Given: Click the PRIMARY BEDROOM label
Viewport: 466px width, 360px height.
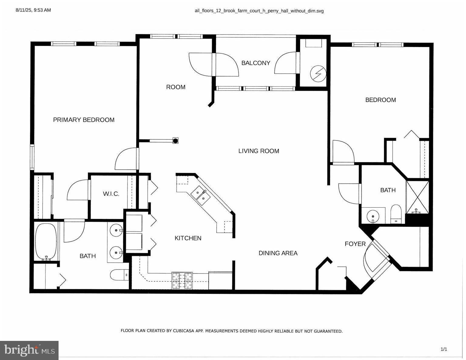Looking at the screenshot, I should pyautogui.click(x=84, y=120).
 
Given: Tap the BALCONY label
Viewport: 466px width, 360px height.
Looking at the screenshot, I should pyautogui.click(x=255, y=63).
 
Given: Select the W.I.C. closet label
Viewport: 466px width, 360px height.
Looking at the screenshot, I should pyautogui.click(x=111, y=194).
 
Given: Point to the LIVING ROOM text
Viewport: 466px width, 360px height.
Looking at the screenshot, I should pyautogui.click(x=258, y=151).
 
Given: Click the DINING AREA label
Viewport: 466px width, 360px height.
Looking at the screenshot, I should pyautogui.click(x=278, y=253).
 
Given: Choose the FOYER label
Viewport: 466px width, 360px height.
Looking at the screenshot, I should pyautogui.click(x=355, y=244).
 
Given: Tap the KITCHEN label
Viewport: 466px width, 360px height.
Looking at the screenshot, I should pyautogui.click(x=188, y=238).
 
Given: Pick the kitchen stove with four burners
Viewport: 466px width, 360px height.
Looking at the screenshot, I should pyautogui.click(x=182, y=280).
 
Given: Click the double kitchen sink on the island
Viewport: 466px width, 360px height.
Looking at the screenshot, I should pyautogui.click(x=200, y=195).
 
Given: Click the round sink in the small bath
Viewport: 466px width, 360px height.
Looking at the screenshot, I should pyautogui.click(x=373, y=216).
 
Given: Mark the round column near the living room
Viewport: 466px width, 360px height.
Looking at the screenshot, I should pyautogui.click(x=175, y=141).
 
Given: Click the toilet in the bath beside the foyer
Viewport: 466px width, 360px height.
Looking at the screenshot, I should pyautogui.click(x=396, y=214).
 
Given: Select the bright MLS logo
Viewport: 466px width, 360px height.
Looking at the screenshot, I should pyautogui.click(x=29, y=350).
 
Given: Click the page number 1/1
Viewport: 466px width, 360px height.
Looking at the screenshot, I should pyautogui.click(x=444, y=349).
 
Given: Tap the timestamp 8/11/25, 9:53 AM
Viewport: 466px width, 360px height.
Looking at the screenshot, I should pyautogui.click(x=33, y=10).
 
